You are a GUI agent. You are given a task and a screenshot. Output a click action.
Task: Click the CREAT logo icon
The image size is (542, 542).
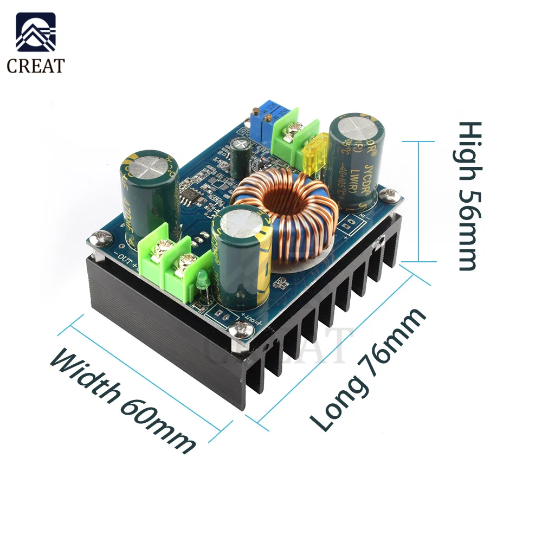tap(35, 34)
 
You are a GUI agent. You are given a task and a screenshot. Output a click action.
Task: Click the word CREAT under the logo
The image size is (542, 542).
tap(35, 66)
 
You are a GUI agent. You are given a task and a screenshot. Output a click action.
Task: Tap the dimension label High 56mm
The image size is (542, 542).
tap(469, 196)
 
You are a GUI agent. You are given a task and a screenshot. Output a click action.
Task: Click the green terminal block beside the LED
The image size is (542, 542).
tap(168, 266)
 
